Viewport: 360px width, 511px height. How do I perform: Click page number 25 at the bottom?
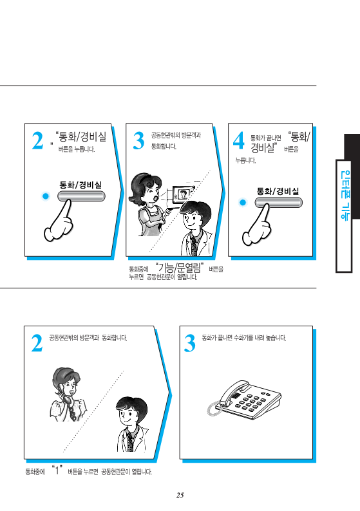coord(180,495)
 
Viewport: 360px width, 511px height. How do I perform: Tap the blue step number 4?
coord(239,141)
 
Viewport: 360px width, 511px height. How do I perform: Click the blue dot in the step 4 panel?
coord(243,202)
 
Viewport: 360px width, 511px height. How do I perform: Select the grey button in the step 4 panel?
coord(278,202)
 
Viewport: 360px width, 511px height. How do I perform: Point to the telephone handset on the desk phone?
coord(234,392)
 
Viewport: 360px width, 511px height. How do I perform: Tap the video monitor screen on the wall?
coord(182,195)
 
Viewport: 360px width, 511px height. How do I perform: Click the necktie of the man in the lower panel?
coord(131,441)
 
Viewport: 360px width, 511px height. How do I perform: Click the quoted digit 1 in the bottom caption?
coord(57,470)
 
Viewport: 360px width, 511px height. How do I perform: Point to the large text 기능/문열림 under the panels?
coord(178,268)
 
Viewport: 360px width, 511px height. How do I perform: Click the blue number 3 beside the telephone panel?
coord(189,343)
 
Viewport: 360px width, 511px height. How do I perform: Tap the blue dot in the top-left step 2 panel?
coord(46,196)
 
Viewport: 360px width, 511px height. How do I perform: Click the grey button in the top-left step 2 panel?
coord(82,196)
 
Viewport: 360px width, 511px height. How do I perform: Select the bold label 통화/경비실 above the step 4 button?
coord(278,191)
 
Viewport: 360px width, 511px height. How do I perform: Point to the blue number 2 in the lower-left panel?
coord(37,343)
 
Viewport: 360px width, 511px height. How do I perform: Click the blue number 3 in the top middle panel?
coord(138,141)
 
